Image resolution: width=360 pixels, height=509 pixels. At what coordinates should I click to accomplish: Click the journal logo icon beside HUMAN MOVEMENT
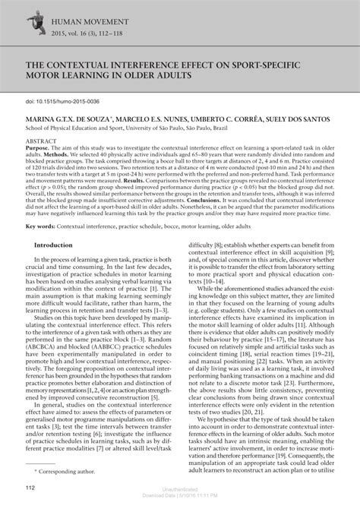pos(34,26)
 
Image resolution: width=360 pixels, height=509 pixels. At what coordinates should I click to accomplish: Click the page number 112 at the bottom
pos(31,488)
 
